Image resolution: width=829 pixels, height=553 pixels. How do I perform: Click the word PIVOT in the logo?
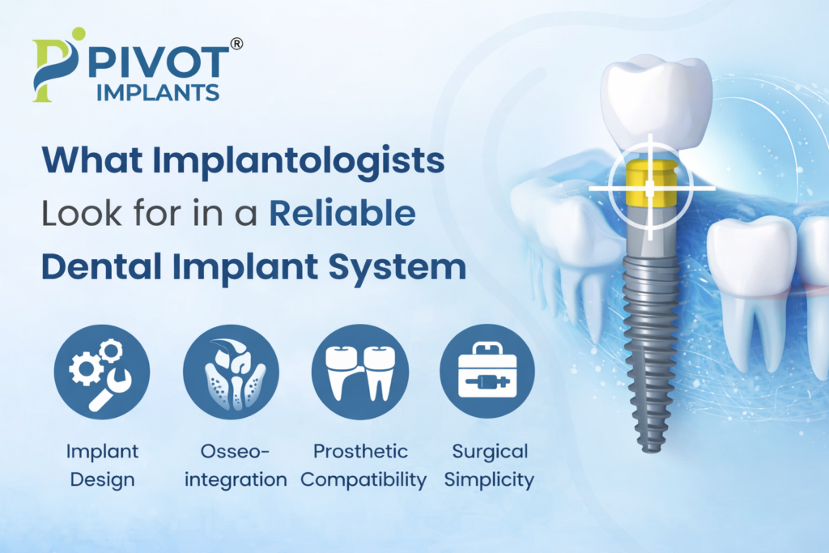pyautogui.click(x=158, y=61)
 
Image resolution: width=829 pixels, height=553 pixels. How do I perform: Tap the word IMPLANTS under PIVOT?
pyautogui.click(x=157, y=91)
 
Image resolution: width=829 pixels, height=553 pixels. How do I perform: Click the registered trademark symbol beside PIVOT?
pyautogui.click(x=236, y=45)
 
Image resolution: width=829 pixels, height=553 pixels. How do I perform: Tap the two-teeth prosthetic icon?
pyautogui.click(x=359, y=372)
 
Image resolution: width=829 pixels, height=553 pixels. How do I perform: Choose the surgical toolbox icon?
pyautogui.click(x=487, y=372)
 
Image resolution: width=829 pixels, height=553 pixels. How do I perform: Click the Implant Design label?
pyautogui.click(x=103, y=465)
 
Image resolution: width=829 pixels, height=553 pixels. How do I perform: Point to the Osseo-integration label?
pyautogui.click(x=236, y=465)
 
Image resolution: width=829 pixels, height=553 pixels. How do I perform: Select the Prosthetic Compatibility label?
pyautogui.click(x=363, y=465)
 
